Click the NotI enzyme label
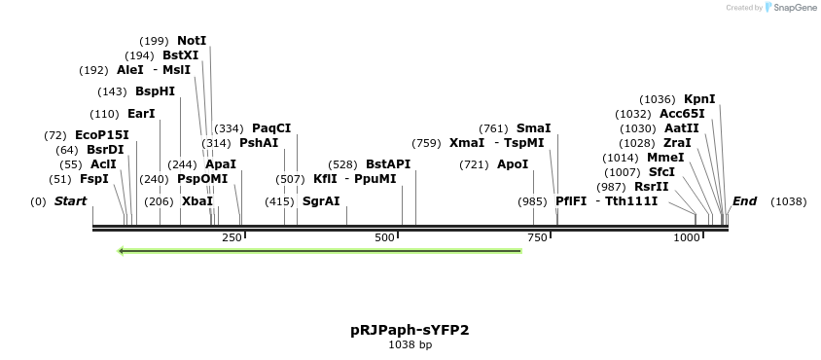click(192, 41)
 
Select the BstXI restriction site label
click(180, 55)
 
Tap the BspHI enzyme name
click(155, 91)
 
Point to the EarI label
click(141, 114)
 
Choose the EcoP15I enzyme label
click(101, 135)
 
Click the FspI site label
click(93, 179)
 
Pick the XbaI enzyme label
click(196, 201)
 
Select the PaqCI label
click(271, 128)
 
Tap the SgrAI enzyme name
click(321, 201)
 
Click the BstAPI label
click(388, 164)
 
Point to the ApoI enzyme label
click(513, 164)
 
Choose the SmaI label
click(533, 128)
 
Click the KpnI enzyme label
click(699, 99)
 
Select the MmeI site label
click(665, 158)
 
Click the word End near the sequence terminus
click(744, 201)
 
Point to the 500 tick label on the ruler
click(384, 237)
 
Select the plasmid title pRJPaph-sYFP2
click(410, 330)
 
